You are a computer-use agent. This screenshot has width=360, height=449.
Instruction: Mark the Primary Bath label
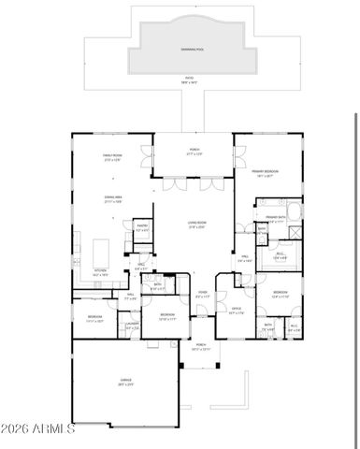pos(274,218)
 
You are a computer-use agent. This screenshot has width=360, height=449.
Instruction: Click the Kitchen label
pos(100,272)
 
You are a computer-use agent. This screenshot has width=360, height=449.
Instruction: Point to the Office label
pos(237,310)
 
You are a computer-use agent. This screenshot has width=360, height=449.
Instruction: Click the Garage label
pos(125,384)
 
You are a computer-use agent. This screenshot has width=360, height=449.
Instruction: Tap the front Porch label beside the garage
pos(201,345)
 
